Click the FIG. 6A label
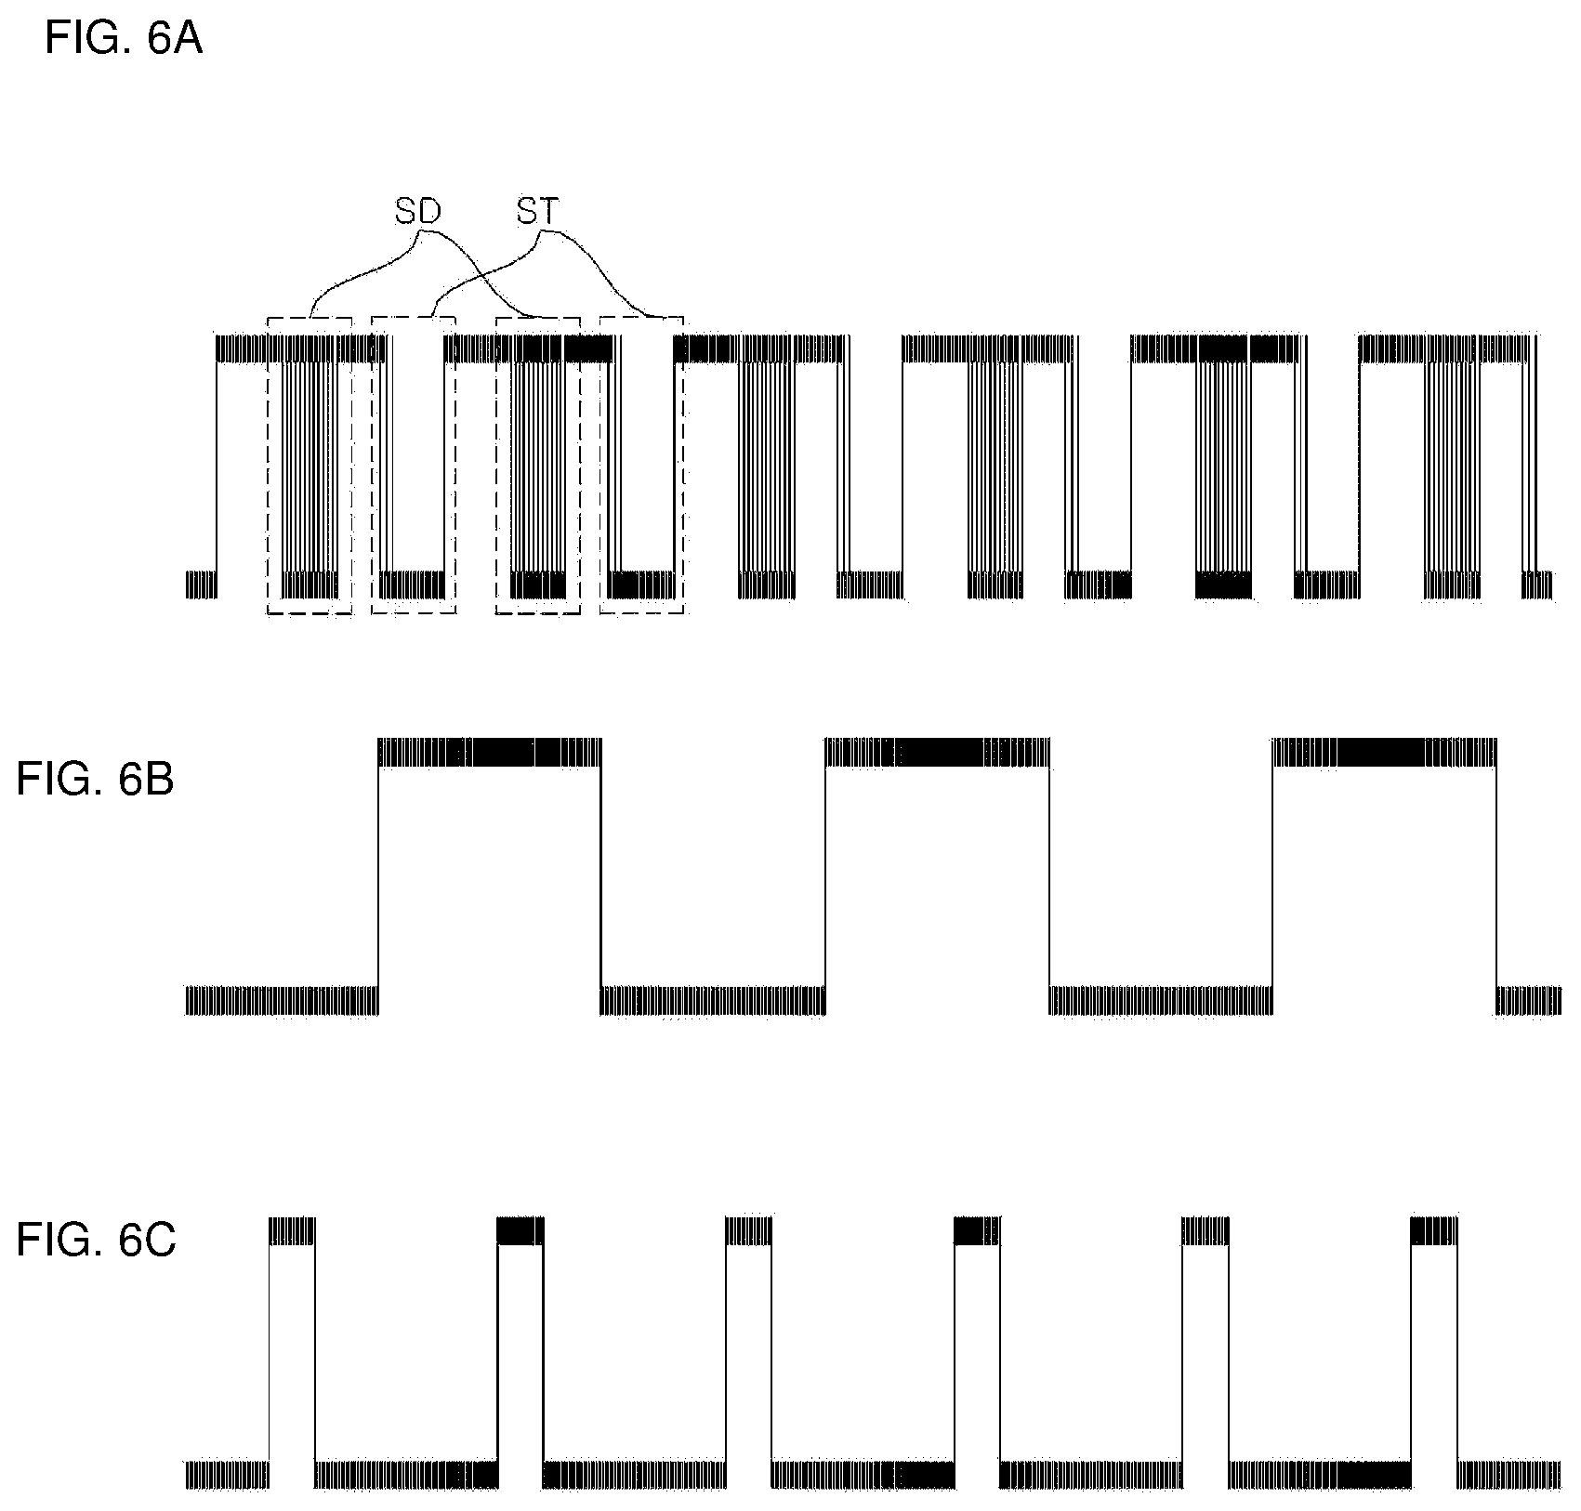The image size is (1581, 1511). (x=124, y=40)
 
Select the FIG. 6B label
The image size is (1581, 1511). (x=95, y=781)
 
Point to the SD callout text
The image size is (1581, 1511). (x=417, y=212)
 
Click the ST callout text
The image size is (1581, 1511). (x=538, y=212)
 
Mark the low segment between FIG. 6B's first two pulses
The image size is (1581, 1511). (x=713, y=1000)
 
